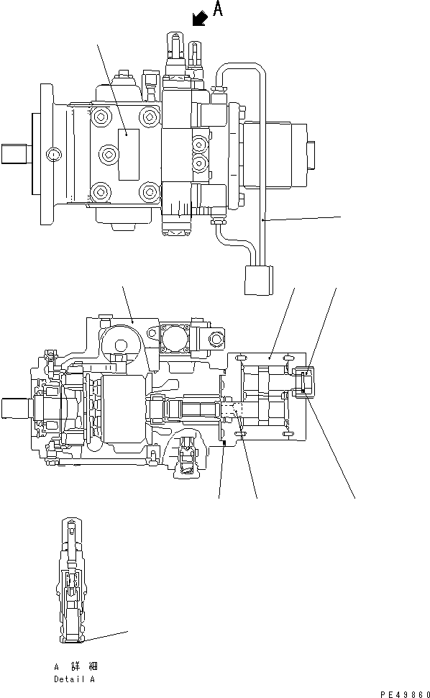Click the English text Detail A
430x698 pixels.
click(73, 679)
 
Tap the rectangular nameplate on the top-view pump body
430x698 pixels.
click(128, 154)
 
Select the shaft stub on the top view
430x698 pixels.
click(15, 153)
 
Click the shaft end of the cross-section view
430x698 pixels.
click(14, 409)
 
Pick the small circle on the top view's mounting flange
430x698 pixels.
click(53, 154)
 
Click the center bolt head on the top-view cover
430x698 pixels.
click(108, 153)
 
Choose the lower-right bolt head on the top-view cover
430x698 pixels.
click(149, 192)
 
